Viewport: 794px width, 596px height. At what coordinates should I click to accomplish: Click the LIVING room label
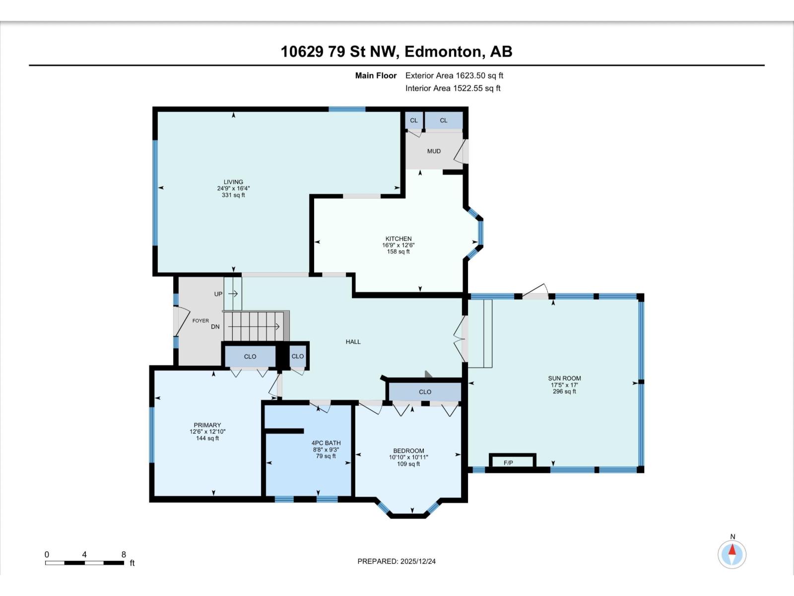click(x=233, y=182)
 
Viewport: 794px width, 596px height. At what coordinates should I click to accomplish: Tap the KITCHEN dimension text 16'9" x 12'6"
click(x=398, y=245)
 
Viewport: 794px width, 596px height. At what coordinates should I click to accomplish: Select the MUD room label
click(x=434, y=151)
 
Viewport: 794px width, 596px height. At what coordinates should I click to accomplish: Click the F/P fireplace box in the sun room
click(x=512, y=462)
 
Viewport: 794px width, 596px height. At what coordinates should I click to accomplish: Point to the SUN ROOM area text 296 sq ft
click(x=564, y=391)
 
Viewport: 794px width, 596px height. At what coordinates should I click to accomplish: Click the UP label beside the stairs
click(x=218, y=294)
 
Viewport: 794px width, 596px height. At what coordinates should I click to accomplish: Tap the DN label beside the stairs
click(x=215, y=327)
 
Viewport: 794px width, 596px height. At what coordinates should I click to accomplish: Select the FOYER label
click(x=200, y=321)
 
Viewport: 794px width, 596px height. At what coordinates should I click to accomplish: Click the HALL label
click(x=353, y=342)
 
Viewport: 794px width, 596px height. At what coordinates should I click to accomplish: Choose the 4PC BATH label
click(x=326, y=443)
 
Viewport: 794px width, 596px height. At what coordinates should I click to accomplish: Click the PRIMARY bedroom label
click(x=207, y=425)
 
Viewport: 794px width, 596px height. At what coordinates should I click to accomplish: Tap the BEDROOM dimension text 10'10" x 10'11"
click(x=408, y=457)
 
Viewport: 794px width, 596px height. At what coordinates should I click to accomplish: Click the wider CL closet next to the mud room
click(x=444, y=120)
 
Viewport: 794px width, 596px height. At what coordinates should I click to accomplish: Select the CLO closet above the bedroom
click(x=425, y=392)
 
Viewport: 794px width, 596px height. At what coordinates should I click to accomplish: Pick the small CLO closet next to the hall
click(x=298, y=356)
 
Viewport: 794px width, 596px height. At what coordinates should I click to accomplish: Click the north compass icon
click(x=732, y=553)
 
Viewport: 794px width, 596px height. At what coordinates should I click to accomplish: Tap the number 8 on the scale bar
click(x=124, y=555)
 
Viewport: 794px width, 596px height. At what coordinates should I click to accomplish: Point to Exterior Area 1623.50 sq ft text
click(x=454, y=75)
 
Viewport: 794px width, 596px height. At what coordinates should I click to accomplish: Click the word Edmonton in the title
click(x=442, y=52)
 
